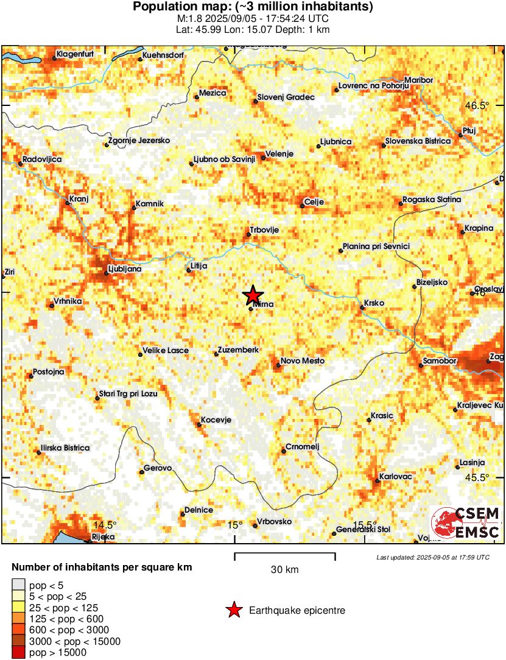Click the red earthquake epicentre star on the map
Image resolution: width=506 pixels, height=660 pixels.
point(253,295)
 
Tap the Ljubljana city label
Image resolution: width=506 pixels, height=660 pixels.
point(124,269)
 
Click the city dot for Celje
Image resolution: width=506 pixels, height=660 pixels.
point(302,206)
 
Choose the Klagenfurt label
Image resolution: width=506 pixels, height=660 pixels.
point(75,55)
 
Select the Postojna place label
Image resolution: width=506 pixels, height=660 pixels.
point(48,371)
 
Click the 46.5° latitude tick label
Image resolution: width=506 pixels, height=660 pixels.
point(477,105)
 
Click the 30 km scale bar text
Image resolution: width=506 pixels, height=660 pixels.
point(284,570)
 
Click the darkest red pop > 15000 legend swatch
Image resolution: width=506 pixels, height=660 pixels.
point(19,653)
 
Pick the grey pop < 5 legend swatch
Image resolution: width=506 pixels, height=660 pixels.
point(19,585)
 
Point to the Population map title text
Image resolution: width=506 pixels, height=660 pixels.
point(253,7)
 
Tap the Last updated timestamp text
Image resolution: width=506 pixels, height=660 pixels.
point(432,557)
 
